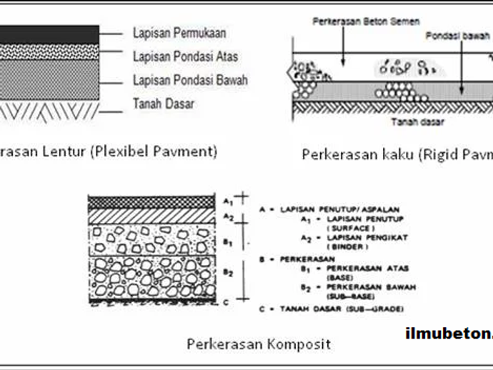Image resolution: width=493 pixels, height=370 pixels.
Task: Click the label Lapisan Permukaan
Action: (179, 33)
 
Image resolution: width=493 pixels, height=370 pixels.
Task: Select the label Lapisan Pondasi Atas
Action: (185, 56)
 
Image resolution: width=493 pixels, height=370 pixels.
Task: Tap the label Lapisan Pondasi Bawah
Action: (190, 80)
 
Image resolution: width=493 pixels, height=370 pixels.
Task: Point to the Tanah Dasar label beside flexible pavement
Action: (164, 104)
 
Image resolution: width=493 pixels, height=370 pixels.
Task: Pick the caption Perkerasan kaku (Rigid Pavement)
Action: (397, 154)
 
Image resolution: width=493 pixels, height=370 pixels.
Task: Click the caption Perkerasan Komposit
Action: (259, 344)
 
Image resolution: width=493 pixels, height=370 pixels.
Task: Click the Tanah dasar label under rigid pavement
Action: (418, 121)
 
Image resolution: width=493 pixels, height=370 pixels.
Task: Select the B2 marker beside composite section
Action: (229, 272)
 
